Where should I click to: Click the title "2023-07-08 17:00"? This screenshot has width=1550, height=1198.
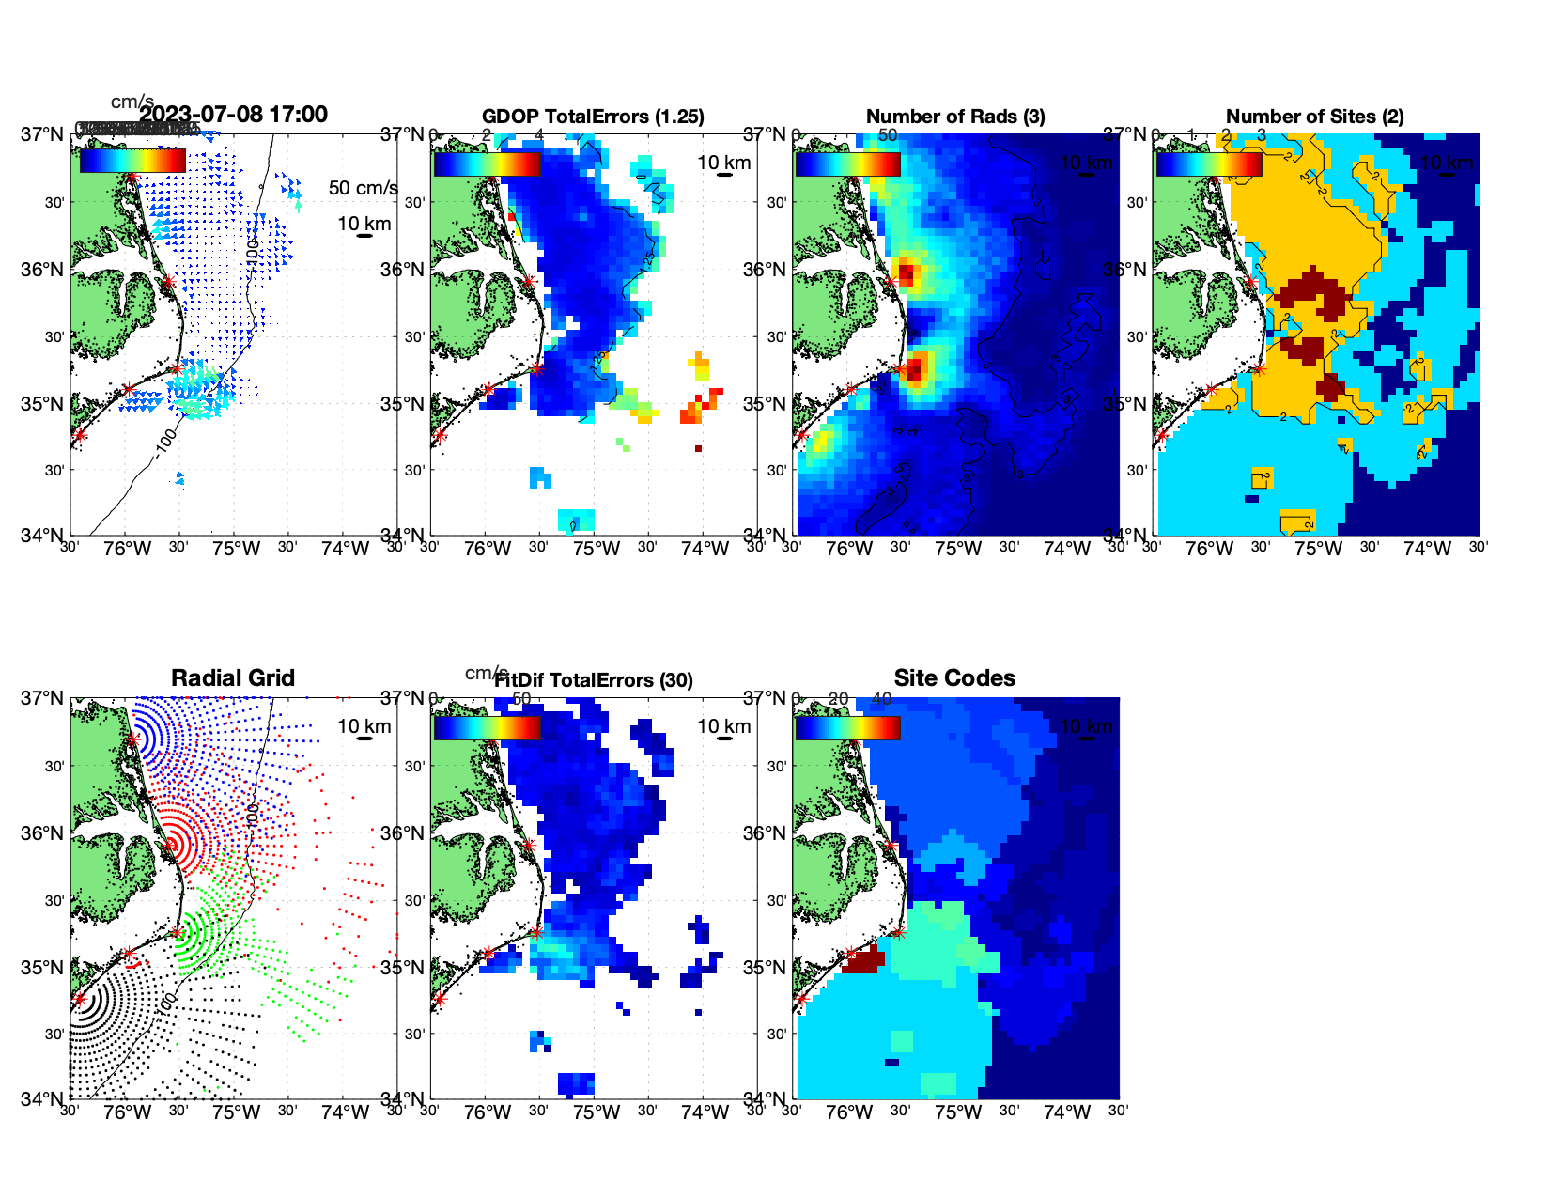point(234,115)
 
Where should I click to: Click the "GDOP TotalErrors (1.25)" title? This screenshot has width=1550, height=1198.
point(593,117)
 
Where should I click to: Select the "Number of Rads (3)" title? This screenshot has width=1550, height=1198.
point(954,117)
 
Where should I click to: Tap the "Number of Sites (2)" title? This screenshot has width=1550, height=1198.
point(1314,117)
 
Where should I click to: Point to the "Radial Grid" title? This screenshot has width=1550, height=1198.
point(233,678)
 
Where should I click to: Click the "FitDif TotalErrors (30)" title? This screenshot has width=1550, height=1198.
point(594,680)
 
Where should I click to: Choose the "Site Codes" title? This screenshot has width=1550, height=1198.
point(954,678)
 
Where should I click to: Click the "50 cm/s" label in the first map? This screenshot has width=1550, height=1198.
point(363,188)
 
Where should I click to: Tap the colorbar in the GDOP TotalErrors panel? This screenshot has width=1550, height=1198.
point(487,163)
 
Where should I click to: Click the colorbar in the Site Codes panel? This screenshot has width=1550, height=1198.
point(847,727)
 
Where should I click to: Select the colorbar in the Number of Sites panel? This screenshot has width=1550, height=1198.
point(1208,163)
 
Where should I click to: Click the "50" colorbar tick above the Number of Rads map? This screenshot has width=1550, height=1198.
point(888,135)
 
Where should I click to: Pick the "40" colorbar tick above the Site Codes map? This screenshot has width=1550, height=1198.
point(881,699)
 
